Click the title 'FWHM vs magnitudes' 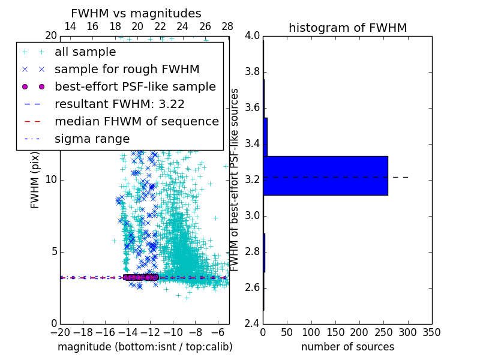(x=136, y=13)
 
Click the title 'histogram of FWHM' (x=347, y=28)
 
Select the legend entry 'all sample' (x=85, y=52)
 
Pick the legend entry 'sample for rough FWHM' (x=127, y=70)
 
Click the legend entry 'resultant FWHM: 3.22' (x=119, y=104)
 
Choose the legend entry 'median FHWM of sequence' (x=136, y=122)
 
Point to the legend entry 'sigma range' (x=92, y=139)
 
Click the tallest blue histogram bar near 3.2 (x=325, y=176)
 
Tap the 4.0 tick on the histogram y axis (x=253, y=36)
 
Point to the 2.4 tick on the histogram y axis (x=253, y=323)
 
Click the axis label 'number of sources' (x=347, y=347)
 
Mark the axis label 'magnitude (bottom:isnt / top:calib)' (x=145, y=347)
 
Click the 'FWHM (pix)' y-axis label (x=35, y=180)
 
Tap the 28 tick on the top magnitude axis (x=227, y=26)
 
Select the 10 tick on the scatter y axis (x=50, y=180)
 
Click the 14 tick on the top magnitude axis (x=70, y=26)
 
